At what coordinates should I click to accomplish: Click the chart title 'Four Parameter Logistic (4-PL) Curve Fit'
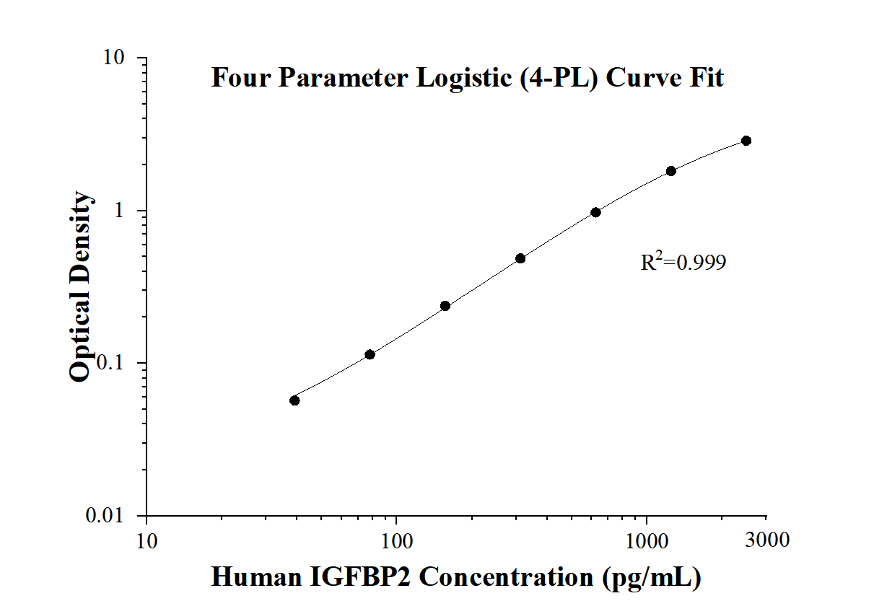[467, 77]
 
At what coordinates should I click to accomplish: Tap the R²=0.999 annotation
[683, 262]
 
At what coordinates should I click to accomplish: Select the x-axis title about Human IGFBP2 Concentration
[455, 577]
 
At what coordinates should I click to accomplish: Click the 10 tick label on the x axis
[147, 540]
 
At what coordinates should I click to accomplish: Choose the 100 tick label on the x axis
[396, 540]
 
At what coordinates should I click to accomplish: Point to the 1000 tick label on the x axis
[646, 540]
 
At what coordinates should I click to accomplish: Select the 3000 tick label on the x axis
[766, 540]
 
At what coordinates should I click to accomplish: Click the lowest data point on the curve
[294, 400]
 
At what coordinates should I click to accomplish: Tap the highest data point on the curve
[746, 141]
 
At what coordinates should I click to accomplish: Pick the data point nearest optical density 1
[595, 212]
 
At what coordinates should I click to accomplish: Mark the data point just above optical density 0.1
[370, 354]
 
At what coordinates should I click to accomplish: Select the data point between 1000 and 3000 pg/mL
[671, 171]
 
